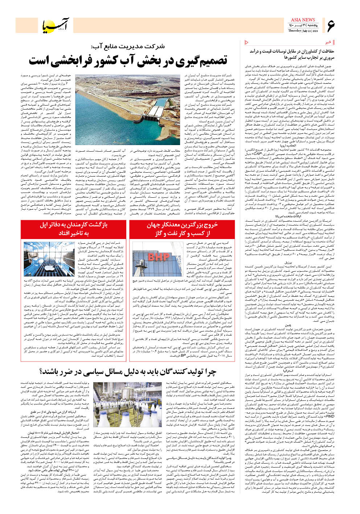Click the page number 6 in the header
click(x=331, y=26)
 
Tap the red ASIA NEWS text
click(x=303, y=20)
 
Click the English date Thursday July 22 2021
click(x=303, y=31)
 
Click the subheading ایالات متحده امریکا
click(x=295, y=215)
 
